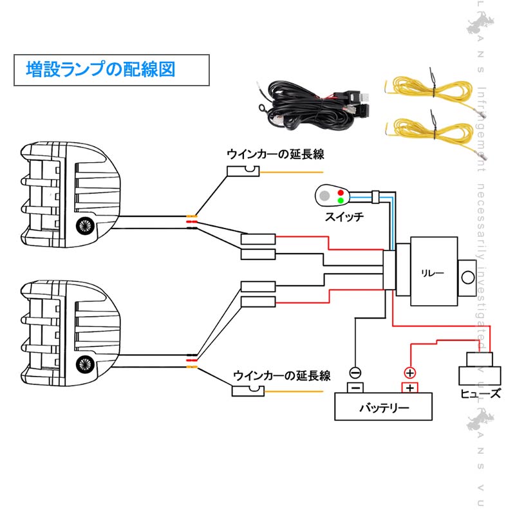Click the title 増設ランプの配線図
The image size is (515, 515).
tap(100, 70)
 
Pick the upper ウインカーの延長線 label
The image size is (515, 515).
tap(274, 154)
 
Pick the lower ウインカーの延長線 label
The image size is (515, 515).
tap(281, 375)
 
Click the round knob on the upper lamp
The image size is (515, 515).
tap(84, 226)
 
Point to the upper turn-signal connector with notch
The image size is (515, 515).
tap(243, 172)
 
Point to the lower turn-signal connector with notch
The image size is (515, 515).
tap(248, 391)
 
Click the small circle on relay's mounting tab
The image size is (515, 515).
tap(468, 277)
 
